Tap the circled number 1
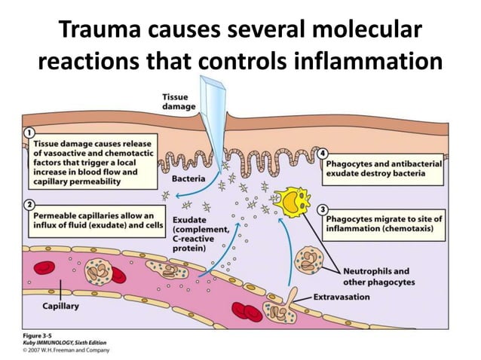pyautogui.click(x=29, y=133)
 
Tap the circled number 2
pyautogui.click(x=29, y=204)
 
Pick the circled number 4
pyautogui.click(x=322, y=153)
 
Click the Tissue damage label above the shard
pyautogui.click(x=179, y=102)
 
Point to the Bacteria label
pyautogui.click(x=192, y=179)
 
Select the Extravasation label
pyautogui.click(x=343, y=297)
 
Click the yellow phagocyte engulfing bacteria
pyautogui.click(x=293, y=200)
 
